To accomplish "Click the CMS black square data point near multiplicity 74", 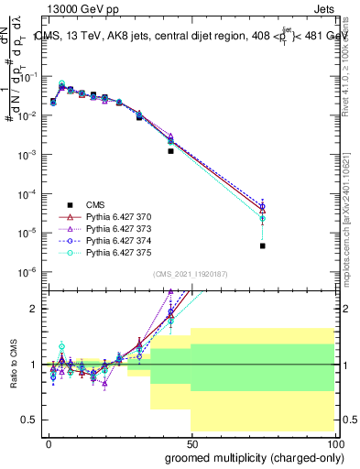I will coord(262,245).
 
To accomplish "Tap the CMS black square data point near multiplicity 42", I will coord(170,151).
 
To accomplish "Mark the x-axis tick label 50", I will coord(191,442).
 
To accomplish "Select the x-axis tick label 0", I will coord(48,442).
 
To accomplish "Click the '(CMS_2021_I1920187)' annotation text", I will coord(191,273).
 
